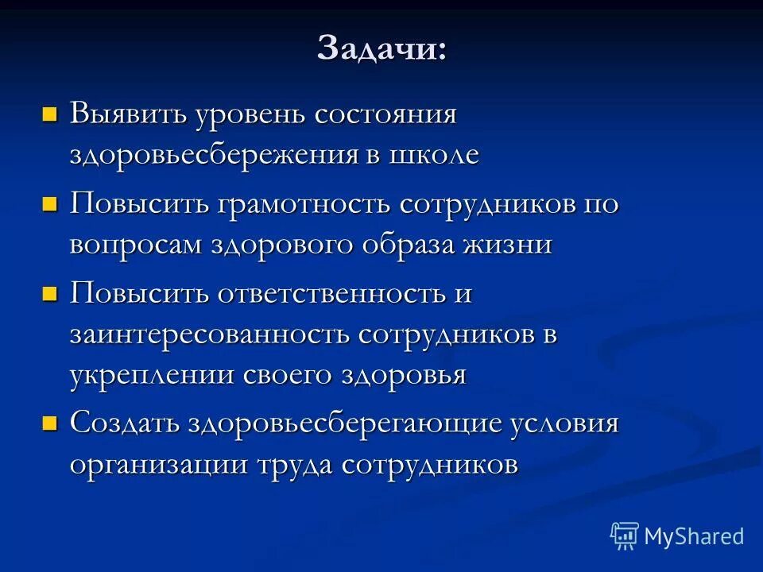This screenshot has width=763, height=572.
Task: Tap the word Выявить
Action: (127, 114)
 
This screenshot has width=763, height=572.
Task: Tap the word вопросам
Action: (135, 245)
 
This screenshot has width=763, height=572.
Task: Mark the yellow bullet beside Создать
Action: (49, 423)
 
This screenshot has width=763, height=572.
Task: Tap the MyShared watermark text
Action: (694, 536)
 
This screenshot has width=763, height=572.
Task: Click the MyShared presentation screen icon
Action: (625, 536)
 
